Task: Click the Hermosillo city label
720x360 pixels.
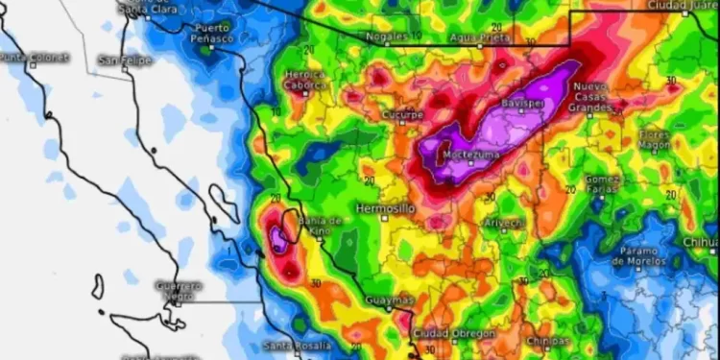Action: tap(385, 207)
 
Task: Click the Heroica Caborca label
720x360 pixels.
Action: tap(304, 80)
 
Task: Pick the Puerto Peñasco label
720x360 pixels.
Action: tap(212, 34)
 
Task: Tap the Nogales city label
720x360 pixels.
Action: tap(383, 37)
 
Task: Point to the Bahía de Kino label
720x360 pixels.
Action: tap(320, 226)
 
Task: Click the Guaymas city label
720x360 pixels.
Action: tap(390, 300)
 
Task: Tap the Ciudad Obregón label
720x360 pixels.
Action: tap(453, 333)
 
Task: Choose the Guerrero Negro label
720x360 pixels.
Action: tap(180, 290)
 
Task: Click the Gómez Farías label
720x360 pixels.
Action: tap(604, 183)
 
